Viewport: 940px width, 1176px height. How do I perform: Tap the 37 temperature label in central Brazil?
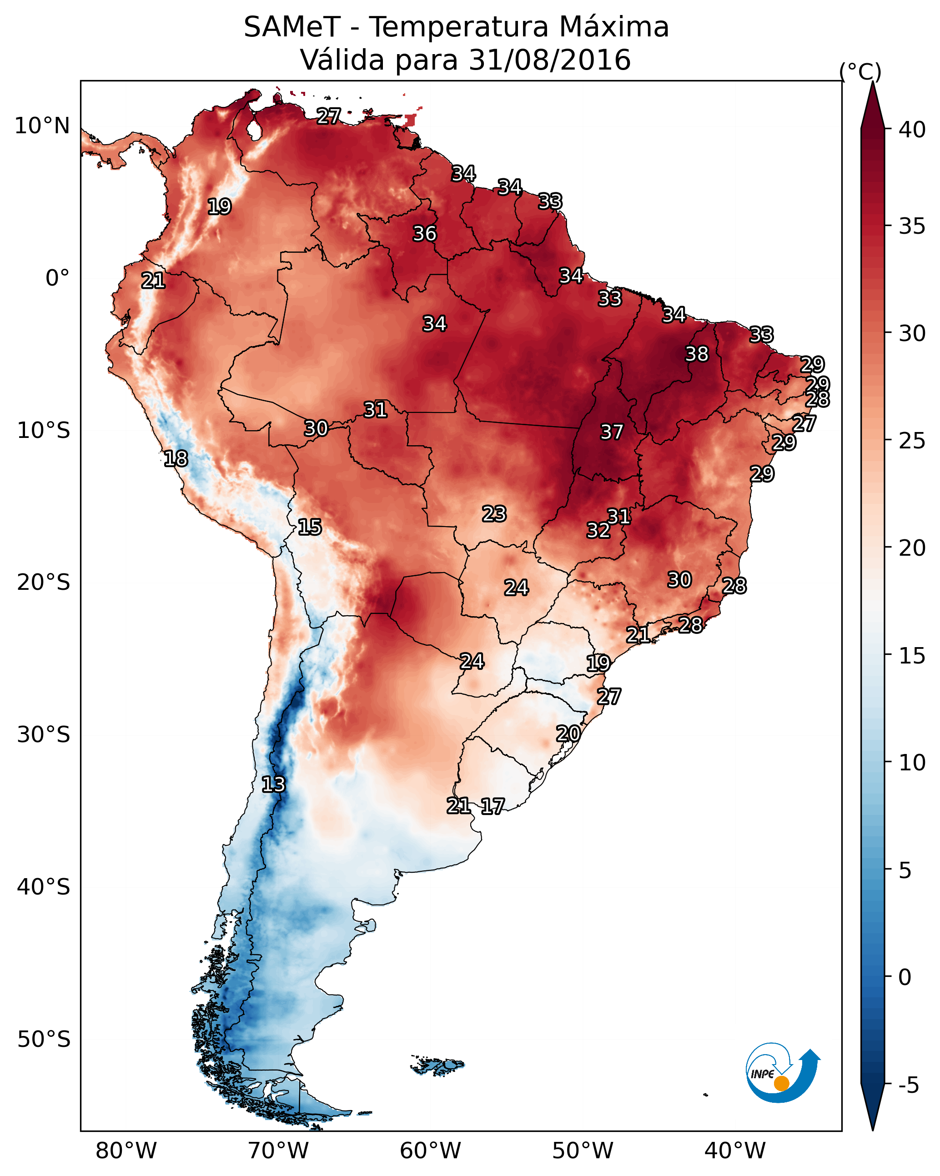tap(612, 432)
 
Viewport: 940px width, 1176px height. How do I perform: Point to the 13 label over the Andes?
tap(273, 784)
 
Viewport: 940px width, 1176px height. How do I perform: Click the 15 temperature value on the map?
tap(309, 527)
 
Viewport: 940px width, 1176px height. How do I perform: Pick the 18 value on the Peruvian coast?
tap(176, 459)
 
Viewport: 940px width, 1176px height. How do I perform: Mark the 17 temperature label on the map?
tap(493, 806)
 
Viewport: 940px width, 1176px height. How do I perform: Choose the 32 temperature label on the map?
tap(598, 530)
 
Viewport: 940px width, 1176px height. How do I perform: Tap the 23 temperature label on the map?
tap(494, 514)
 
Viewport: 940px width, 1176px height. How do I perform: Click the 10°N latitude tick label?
tap(42, 126)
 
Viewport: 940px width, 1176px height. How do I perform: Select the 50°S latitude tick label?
tap(44, 1040)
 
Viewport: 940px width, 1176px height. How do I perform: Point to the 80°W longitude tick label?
tap(126, 1151)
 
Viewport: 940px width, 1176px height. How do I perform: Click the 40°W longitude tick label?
tap(735, 1151)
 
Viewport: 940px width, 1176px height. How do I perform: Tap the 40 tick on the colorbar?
tap(912, 130)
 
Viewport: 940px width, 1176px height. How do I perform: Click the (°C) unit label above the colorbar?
tap(860, 71)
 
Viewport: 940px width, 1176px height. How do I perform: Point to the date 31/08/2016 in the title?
tap(549, 60)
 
